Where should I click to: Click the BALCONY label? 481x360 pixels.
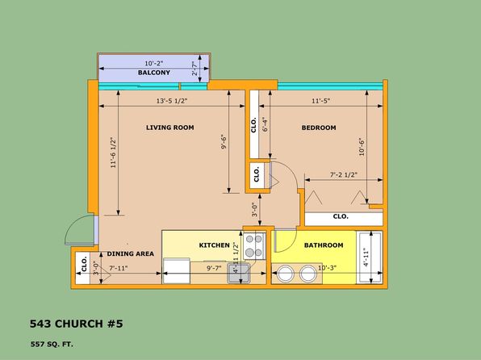(x=153, y=73)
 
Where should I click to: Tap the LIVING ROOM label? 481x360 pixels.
(x=170, y=128)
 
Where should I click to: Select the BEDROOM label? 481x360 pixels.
(x=319, y=128)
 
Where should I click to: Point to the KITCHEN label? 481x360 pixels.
(x=214, y=245)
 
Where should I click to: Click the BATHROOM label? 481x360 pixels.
(x=324, y=245)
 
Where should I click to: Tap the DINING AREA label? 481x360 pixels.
(x=131, y=253)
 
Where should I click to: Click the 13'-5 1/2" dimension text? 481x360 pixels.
(x=172, y=101)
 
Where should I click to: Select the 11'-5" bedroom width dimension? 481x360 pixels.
(x=321, y=101)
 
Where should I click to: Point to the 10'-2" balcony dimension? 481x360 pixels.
(x=154, y=64)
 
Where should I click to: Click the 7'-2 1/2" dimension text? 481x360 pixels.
(x=344, y=174)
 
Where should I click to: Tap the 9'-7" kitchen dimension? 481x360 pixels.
(x=214, y=268)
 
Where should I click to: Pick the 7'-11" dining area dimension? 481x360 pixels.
(x=119, y=268)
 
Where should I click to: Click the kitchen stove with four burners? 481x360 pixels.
(x=254, y=246)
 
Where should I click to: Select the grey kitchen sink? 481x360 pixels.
(x=239, y=273)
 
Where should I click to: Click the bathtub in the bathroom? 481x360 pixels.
(x=370, y=257)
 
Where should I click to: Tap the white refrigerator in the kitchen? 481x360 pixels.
(x=177, y=270)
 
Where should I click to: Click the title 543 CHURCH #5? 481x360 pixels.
(x=77, y=324)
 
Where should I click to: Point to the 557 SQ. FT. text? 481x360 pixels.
(x=52, y=345)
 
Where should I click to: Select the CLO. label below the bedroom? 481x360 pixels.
(x=341, y=216)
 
